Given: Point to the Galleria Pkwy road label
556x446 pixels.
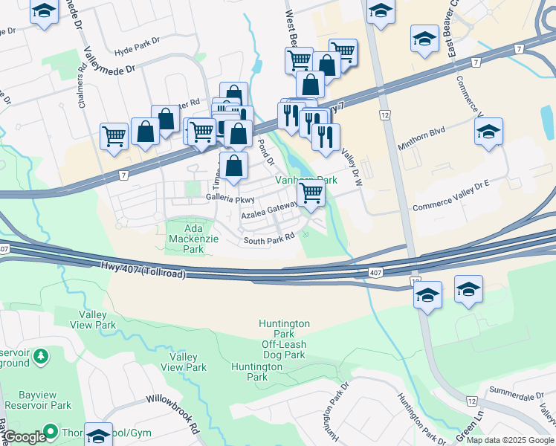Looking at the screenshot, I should (230, 199).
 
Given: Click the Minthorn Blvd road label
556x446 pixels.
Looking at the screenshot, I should (421, 139).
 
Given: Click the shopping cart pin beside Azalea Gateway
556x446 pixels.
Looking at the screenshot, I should (311, 193).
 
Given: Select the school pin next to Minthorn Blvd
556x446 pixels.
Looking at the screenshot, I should (488, 132).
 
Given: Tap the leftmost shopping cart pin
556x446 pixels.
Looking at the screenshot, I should (114, 135).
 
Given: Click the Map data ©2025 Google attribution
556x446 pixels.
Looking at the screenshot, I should (510, 440).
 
